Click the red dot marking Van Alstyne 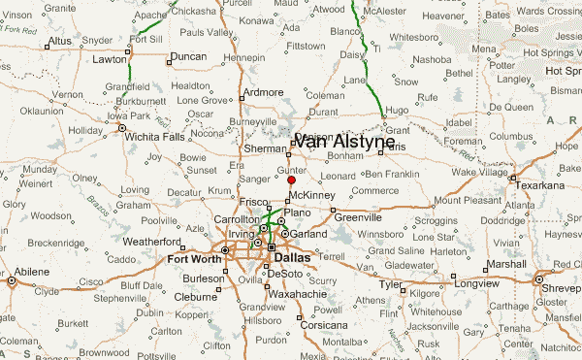point(291,180)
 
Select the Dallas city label point(293,258)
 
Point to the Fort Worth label point(193,259)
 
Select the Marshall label point(505,264)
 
